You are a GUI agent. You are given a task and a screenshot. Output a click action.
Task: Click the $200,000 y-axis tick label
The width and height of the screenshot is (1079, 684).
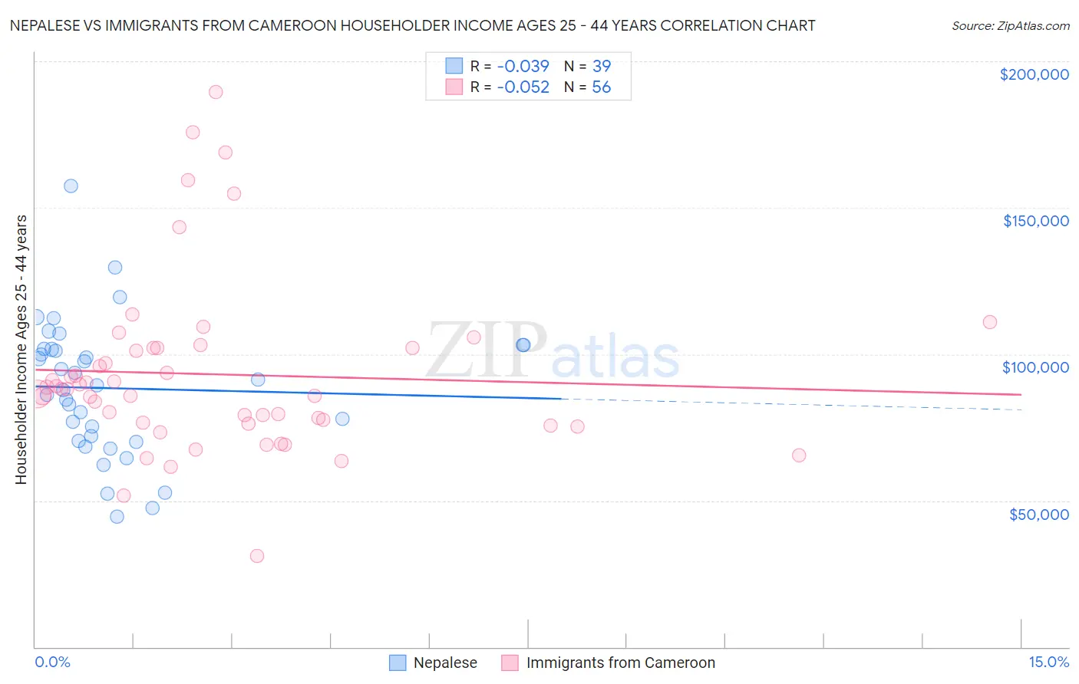pos(1034,74)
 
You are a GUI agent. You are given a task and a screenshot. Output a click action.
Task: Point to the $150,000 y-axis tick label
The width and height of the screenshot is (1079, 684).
pos(1035,221)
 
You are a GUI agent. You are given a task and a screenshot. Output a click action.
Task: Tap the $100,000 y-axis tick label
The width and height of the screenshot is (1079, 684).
pos(1035,367)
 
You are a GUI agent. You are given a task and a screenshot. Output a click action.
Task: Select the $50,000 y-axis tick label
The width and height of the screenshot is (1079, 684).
pos(1038,514)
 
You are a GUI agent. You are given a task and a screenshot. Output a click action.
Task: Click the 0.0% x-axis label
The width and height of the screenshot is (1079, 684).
pos(52,662)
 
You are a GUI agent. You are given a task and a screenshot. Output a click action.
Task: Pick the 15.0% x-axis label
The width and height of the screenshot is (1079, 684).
pos(1048,662)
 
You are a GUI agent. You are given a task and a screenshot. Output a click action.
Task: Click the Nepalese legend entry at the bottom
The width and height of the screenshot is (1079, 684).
pos(445,663)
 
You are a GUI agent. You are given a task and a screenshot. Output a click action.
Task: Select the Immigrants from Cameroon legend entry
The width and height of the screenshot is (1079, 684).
pos(620,663)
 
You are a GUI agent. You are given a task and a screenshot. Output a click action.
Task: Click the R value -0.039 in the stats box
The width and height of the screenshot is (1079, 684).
pos(523,66)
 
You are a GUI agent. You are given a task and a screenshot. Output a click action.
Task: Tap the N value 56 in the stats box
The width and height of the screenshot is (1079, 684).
pos(601,87)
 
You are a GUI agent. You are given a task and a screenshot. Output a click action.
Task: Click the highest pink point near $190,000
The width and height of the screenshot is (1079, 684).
pos(216,92)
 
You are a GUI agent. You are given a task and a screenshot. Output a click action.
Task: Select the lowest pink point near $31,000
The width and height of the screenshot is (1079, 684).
pos(257,556)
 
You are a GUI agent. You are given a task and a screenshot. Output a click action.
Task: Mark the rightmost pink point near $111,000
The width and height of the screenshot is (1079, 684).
pos(989,322)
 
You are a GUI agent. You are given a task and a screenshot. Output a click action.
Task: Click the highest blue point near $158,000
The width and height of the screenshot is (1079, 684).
pos(71,186)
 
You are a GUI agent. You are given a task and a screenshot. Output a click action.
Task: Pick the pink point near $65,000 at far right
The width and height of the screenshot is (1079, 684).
pos(799,455)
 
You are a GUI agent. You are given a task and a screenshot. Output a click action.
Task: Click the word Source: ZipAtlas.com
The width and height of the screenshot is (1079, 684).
pos(1010,25)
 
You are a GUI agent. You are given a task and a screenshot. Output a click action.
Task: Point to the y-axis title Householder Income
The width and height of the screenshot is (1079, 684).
pos(21,349)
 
